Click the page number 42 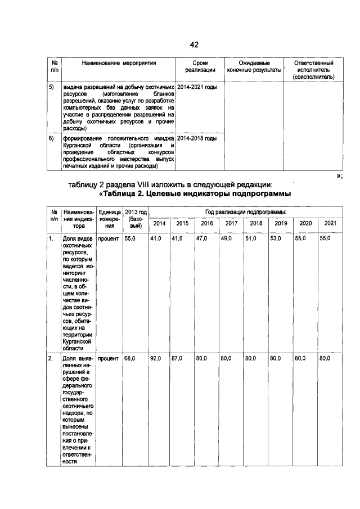195,44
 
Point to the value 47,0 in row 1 201,239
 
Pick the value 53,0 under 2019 276,239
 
